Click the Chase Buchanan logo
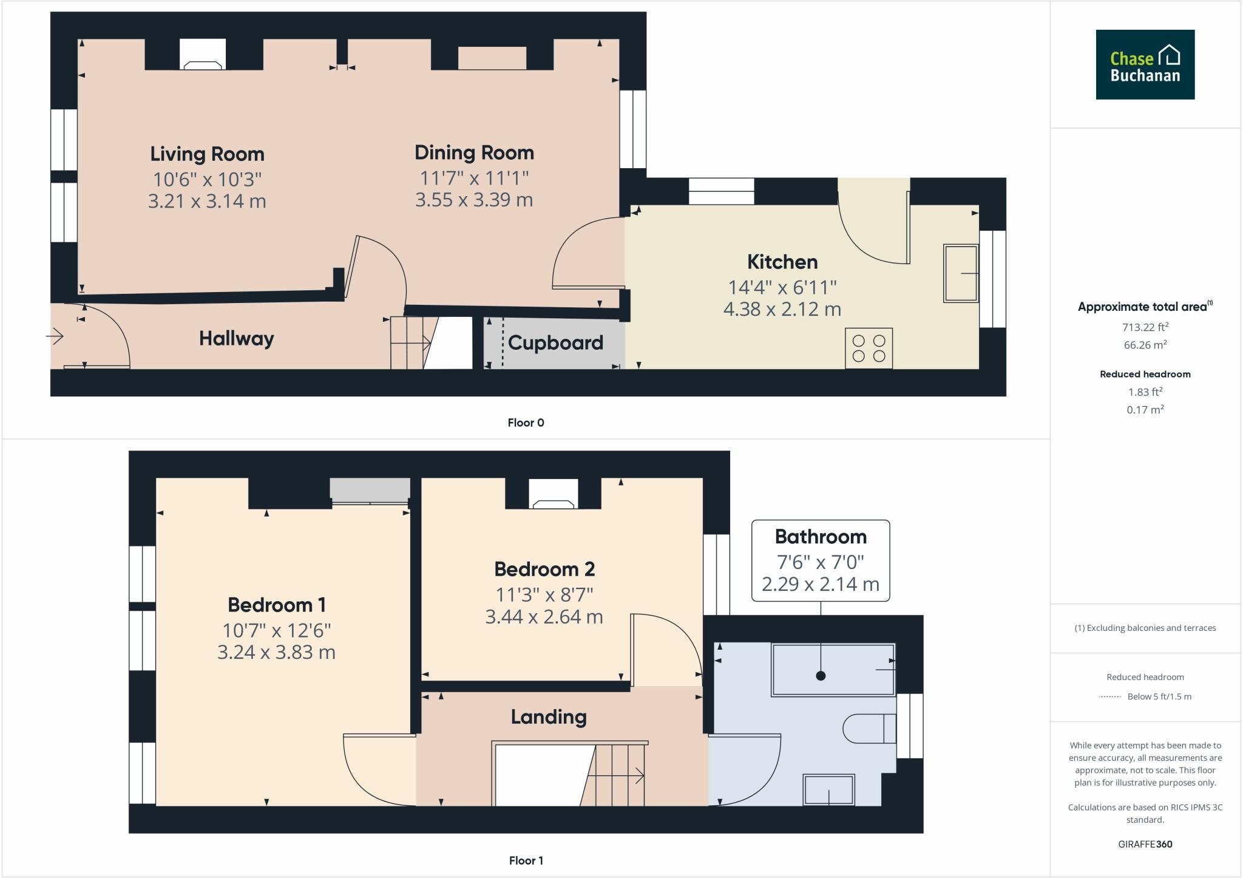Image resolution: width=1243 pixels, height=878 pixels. click(x=1145, y=64)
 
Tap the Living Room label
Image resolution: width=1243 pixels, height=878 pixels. click(x=207, y=154)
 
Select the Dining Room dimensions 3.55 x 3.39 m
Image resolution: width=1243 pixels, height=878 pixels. click(x=474, y=200)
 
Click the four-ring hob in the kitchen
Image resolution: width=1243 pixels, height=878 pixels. click(x=869, y=348)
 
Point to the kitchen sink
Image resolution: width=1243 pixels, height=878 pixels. click(x=961, y=273)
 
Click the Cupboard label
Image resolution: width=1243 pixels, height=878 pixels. click(x=555, y=343)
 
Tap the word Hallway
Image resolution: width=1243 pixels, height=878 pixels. click(x=237, y=339)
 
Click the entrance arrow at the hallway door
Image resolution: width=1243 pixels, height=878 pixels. click(x=55, y=336)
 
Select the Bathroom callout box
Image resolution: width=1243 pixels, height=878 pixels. click(x=821, y=560)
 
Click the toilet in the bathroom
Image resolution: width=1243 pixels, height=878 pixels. click(x=870, y=729)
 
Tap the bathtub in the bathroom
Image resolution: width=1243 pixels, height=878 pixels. click(x=833, y=670)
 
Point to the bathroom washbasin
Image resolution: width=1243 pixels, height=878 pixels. click(x=829, y=790)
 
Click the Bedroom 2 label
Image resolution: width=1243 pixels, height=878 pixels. click(x=544, y=570)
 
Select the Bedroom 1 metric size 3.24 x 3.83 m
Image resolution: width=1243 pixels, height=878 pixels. click(x=276, y=652)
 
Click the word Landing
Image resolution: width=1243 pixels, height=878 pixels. click(x=549, y=717)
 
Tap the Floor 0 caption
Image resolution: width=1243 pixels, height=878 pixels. click(x=526, y=423)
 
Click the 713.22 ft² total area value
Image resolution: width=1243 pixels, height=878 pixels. click(x=1145, y=327)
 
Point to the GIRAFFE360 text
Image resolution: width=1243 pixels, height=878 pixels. click(x=1145, y=844)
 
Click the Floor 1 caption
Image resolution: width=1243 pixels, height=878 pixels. click(x=526, y=860)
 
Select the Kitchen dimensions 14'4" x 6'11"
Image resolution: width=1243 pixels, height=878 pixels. click(x=782, y=287)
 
